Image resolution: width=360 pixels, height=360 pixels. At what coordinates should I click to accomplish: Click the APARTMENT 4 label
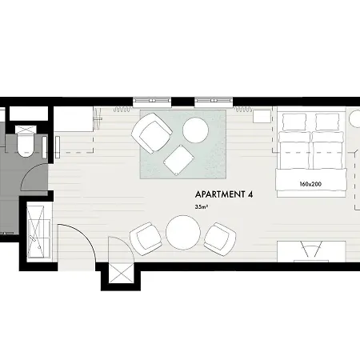[x=224, y=194]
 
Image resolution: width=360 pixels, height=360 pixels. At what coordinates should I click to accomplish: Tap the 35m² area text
[x=202, y=206]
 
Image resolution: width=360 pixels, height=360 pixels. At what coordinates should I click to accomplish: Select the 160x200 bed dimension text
[x=310, y=184]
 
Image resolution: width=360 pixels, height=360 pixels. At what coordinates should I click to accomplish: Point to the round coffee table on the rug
[x=195, y=130]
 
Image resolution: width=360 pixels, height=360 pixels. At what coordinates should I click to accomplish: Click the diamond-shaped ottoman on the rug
[x=178, y=160]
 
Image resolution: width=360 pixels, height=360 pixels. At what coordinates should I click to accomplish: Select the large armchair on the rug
[x=151, y=133]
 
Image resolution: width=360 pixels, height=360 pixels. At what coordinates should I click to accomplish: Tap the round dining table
[x=183, y=233]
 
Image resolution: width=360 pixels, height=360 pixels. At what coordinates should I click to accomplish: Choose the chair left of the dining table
[x=146, y=239]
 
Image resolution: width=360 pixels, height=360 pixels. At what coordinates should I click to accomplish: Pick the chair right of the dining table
[x=220, y=239]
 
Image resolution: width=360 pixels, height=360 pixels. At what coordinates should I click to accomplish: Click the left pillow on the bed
[x=294, y=122]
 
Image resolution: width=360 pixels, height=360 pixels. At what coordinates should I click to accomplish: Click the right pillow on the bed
[x=327, y=122]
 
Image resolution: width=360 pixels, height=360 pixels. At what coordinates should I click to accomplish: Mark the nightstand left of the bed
[x=262, y=117]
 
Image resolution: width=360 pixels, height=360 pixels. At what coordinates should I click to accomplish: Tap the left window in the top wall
[x=152, y=101]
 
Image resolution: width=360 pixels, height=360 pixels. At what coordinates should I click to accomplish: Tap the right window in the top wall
[x=214, y=101]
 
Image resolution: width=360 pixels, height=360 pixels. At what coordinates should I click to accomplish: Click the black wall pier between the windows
[x=182, y=102]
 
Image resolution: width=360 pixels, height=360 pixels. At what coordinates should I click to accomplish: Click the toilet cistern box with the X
[x=26, y=130]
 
